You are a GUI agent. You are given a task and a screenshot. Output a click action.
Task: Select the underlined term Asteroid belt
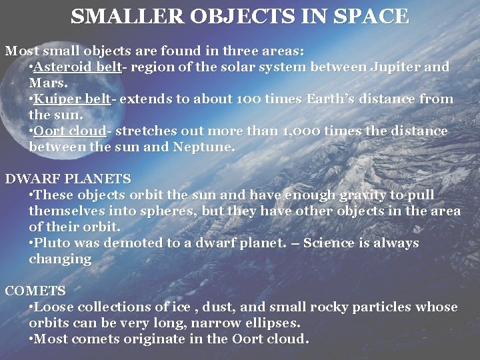pos(77,67)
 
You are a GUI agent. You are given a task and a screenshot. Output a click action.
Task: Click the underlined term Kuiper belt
pos(72,99)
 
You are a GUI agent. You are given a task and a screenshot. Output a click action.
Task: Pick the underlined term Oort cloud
pos(70,131)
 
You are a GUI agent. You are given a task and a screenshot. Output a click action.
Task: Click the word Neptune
pos(204,147)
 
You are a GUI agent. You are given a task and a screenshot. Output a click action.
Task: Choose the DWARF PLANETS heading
pos(68,179)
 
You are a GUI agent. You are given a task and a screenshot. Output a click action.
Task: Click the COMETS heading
pos(35,291)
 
